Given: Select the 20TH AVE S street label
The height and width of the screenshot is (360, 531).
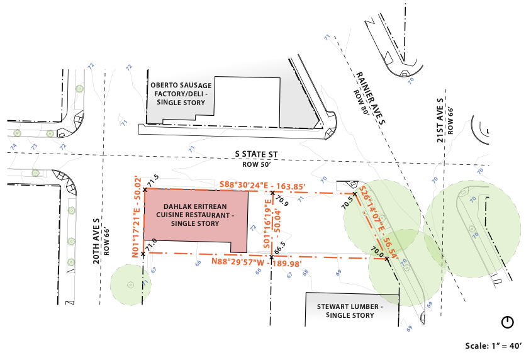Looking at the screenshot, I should [x=97, y=242].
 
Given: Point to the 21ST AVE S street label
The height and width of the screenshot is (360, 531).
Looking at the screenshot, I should [x=440, y=120].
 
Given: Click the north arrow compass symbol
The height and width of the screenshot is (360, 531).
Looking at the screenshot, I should [x=508, y=322].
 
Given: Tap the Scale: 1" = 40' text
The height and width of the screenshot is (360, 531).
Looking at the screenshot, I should [x=493, y=346].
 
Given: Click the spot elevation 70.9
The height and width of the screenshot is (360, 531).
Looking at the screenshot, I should [x=282, y=203].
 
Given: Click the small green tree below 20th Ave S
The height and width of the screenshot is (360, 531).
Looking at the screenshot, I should [x=130, y=284].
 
